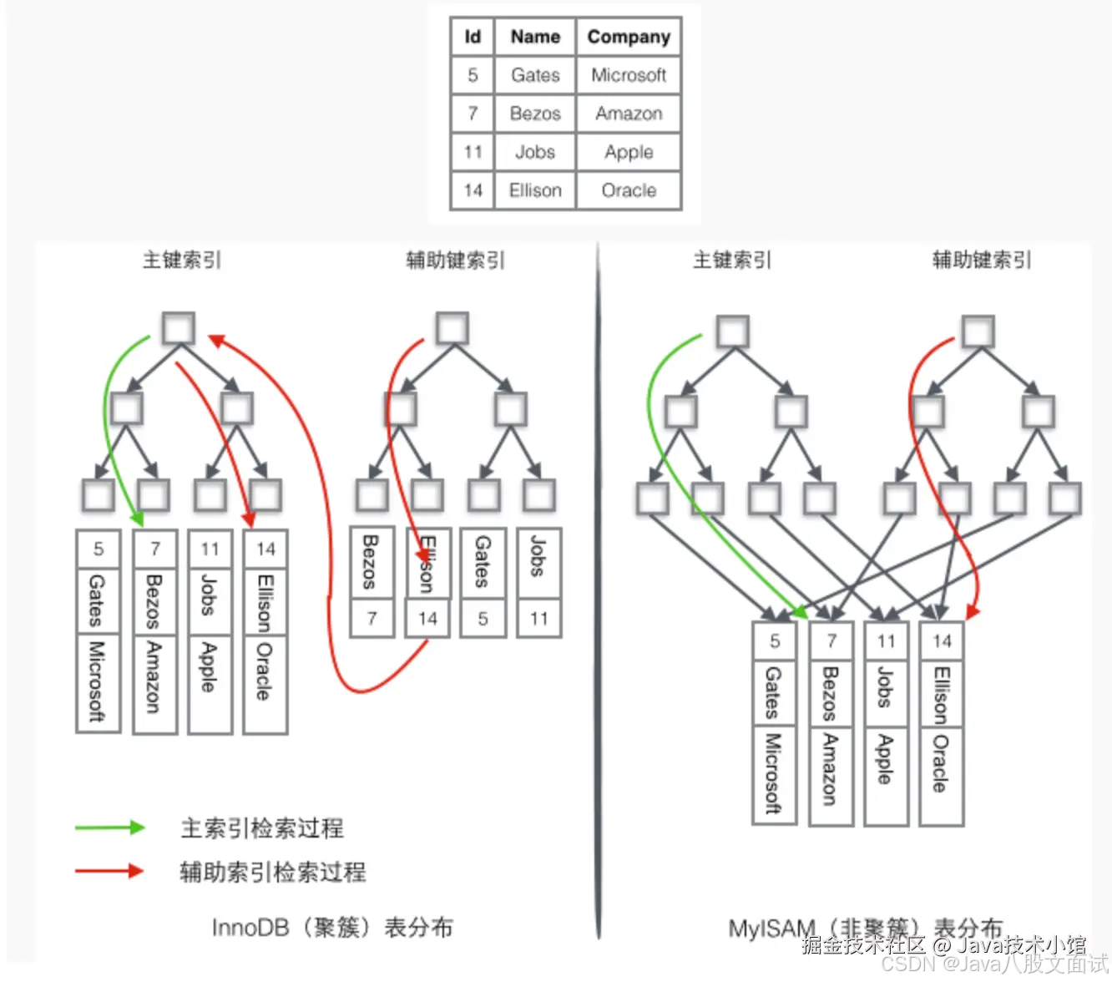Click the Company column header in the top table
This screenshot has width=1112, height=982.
pyautogui.click(x=629, y=37)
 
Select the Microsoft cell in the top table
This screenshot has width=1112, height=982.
pyautogui.click(x=629, y=75)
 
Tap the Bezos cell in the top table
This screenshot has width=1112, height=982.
pyautogui.click(x=535, y=114)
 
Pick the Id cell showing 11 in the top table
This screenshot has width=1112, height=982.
pyautogui.click(x=473, y=152)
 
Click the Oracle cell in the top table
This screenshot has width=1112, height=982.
pyautogui.click(x=629, y=190)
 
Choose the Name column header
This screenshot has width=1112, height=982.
pyautogui.click(x=535, y=37)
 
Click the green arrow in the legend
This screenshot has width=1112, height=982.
pyautogui.click(x=109, y=828)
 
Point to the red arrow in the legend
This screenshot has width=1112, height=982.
pyautogui.click(x=109, y=871)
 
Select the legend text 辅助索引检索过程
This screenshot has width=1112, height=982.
pyautogui.click(x=273, y=872)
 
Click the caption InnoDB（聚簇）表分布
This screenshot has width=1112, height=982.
pyautogui.click(x=332, y=927)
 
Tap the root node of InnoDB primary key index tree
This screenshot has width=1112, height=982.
pyautogui.click(x=178, y=328)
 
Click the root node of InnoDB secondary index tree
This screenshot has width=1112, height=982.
pyautogui.click(x=452, y=328)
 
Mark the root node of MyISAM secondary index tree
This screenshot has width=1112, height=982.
pyautogui.click(x=978, y=332)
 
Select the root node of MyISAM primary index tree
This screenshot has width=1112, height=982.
pyautogui.click(x=733, y=332)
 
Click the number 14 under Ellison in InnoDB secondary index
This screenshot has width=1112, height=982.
pyautogui.click(x=427, y=619)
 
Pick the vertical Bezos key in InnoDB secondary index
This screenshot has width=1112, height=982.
pyautogui.click(x=372, y=563)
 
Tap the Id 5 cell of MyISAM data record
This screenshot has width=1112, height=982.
pyautogui.click(x=775, y=640)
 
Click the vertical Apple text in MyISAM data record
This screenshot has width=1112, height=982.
pyautogui.click(x=886, y=759)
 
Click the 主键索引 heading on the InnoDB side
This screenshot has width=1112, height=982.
pyautogui.click(x=181, y=260)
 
